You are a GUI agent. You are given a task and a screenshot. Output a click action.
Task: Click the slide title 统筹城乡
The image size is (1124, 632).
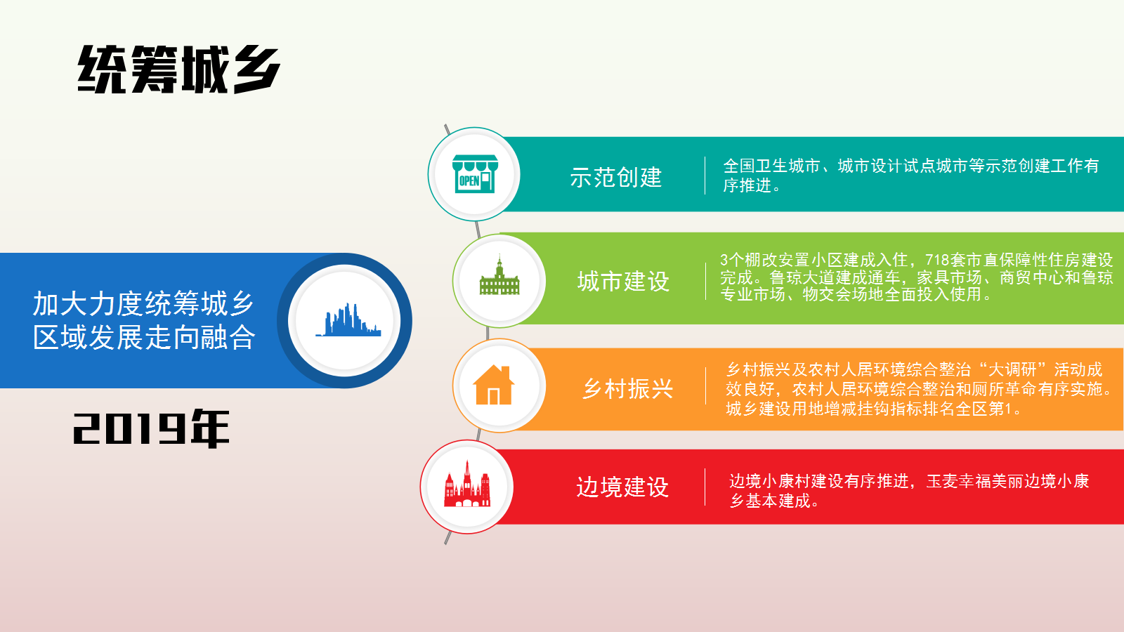pos(178,70)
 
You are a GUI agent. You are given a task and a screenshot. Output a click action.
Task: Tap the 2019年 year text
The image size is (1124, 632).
pos(151,428)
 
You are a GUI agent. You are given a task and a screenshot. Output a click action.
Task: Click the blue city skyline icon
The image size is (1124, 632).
pos(348,320)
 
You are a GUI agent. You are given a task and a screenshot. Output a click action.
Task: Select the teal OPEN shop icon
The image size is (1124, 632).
pos(475,173)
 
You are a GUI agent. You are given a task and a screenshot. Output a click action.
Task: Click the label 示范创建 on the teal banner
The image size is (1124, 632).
pos(615,177)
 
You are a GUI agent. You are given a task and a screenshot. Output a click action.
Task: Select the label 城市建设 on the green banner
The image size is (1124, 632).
pos(623,281)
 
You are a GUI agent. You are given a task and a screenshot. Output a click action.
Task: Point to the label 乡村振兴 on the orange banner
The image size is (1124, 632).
pos(627,389)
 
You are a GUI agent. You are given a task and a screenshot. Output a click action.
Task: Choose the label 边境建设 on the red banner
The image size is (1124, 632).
pos(622,487)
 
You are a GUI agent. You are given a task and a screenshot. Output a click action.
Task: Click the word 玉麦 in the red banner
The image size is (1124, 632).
pos(942,481)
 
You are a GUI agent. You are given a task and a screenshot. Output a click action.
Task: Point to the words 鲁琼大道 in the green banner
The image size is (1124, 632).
pos(802,277)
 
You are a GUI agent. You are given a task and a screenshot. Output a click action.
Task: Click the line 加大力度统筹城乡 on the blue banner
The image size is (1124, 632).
pos(143,303)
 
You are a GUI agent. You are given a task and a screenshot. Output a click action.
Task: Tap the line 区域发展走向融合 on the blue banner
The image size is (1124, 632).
pos(144,336)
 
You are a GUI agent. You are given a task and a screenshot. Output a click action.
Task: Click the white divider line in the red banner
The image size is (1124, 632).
pos(705,487)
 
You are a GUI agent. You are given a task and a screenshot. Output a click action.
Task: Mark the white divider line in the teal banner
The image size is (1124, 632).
pos(705,175)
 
